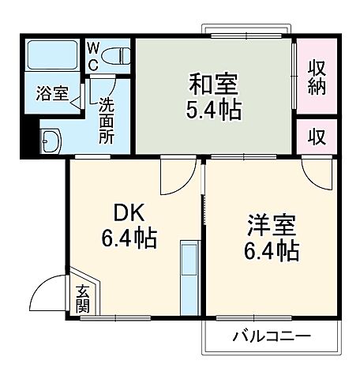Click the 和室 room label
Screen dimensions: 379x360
point(213,81)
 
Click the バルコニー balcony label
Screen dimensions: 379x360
point(271,337)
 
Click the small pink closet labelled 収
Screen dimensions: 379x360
point(316,136)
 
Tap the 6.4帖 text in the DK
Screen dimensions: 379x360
point(131,237)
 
